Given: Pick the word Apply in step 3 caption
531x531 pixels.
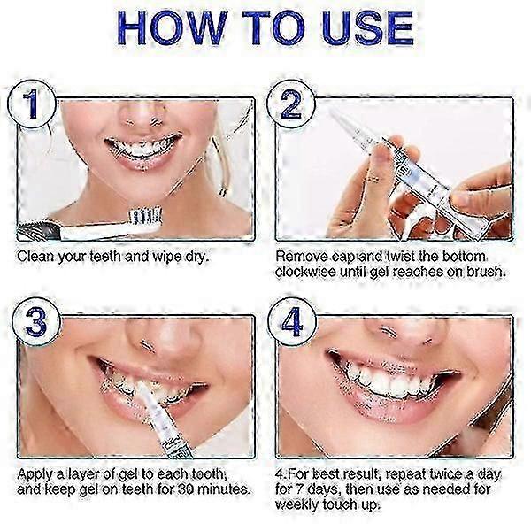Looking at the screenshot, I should [x=38, y=473].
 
